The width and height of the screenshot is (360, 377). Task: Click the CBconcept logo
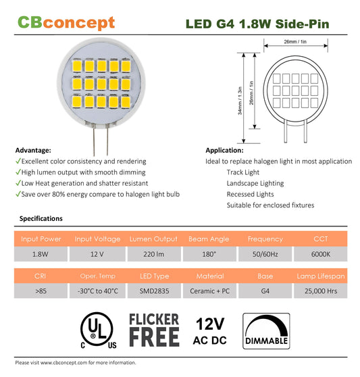point(66,23)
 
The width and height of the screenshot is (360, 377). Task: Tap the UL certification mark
point(99,330)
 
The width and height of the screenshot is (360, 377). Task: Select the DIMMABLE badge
point(266,331)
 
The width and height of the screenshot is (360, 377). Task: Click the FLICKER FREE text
point(154,330)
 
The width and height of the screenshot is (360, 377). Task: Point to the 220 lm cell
point(154,254)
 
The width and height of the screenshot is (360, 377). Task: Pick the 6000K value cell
point(321,254)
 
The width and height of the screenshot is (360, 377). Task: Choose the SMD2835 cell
point(154,291)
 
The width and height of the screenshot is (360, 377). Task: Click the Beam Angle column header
point(209,238)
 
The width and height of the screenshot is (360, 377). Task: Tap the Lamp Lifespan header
point(321,276)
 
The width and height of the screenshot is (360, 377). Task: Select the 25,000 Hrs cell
point(321,291)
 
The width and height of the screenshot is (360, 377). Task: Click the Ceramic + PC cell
point(209,291)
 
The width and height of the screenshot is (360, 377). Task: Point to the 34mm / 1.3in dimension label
point(240,101)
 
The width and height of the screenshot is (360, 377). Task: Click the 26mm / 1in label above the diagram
point(295,42)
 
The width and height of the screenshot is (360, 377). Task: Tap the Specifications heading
point(41,218)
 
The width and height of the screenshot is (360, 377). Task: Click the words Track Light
point(243,172)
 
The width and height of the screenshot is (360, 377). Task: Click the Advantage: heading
point(33,150)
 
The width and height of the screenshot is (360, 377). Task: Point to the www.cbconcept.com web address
point(63,362)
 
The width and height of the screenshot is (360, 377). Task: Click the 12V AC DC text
point(210,331)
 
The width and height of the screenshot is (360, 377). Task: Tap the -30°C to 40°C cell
point(97,291)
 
